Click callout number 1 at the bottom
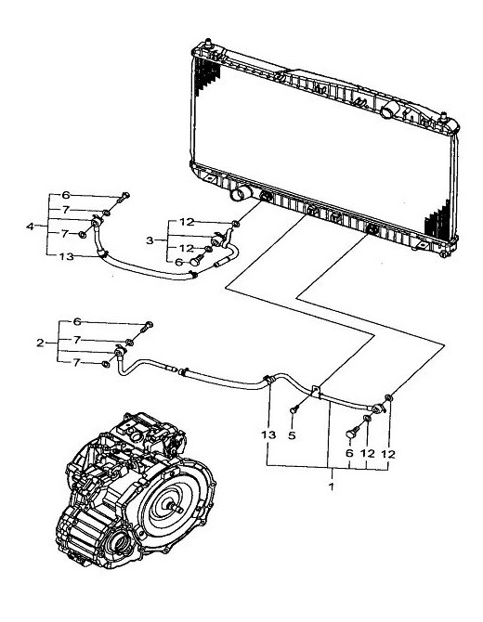pos(332,486)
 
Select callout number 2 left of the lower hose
pos(40,343)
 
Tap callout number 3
pos(150,240)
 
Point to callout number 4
pos(30,227)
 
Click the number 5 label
pos(292,435)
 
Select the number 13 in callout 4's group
pos(67,256)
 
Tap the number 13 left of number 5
pos(268,434)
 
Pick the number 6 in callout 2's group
pos(77,321)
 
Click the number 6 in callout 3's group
pos(178,262)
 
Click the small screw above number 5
pos(294,409)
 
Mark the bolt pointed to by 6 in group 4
pos(124,197)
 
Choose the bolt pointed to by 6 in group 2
pos(147,327)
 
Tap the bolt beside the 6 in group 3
pos(196,260)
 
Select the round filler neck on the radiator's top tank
pos(388,110)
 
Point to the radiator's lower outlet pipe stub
pos(241,193)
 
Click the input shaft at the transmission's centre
pos(176,508)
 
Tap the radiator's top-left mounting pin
pos(208,44)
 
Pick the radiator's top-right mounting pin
pos(444,118)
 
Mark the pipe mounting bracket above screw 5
pos(316,392)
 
